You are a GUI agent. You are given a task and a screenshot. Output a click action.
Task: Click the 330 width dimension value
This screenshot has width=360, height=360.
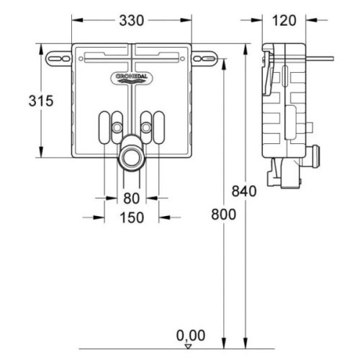[x=131, y=20]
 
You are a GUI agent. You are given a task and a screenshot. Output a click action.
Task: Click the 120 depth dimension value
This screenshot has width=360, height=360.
[x=285, y=20]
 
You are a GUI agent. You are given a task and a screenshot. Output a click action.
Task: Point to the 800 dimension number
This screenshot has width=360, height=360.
[x=224, y=214]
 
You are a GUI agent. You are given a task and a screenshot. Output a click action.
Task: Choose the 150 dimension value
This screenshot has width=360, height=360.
[x=131, y=217]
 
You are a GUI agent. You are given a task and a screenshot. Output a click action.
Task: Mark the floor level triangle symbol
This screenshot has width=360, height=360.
[x=188, y=346]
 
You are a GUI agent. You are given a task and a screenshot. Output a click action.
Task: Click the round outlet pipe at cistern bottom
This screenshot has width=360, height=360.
[x=132, y=157]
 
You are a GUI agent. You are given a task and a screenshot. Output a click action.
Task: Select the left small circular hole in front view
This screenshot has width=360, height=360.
[x=116, y=128]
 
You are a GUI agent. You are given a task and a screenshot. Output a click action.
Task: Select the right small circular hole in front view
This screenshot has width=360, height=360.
[x=147, y=128]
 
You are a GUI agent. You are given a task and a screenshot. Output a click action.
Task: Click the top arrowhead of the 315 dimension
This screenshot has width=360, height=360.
[x=40, y=48]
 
